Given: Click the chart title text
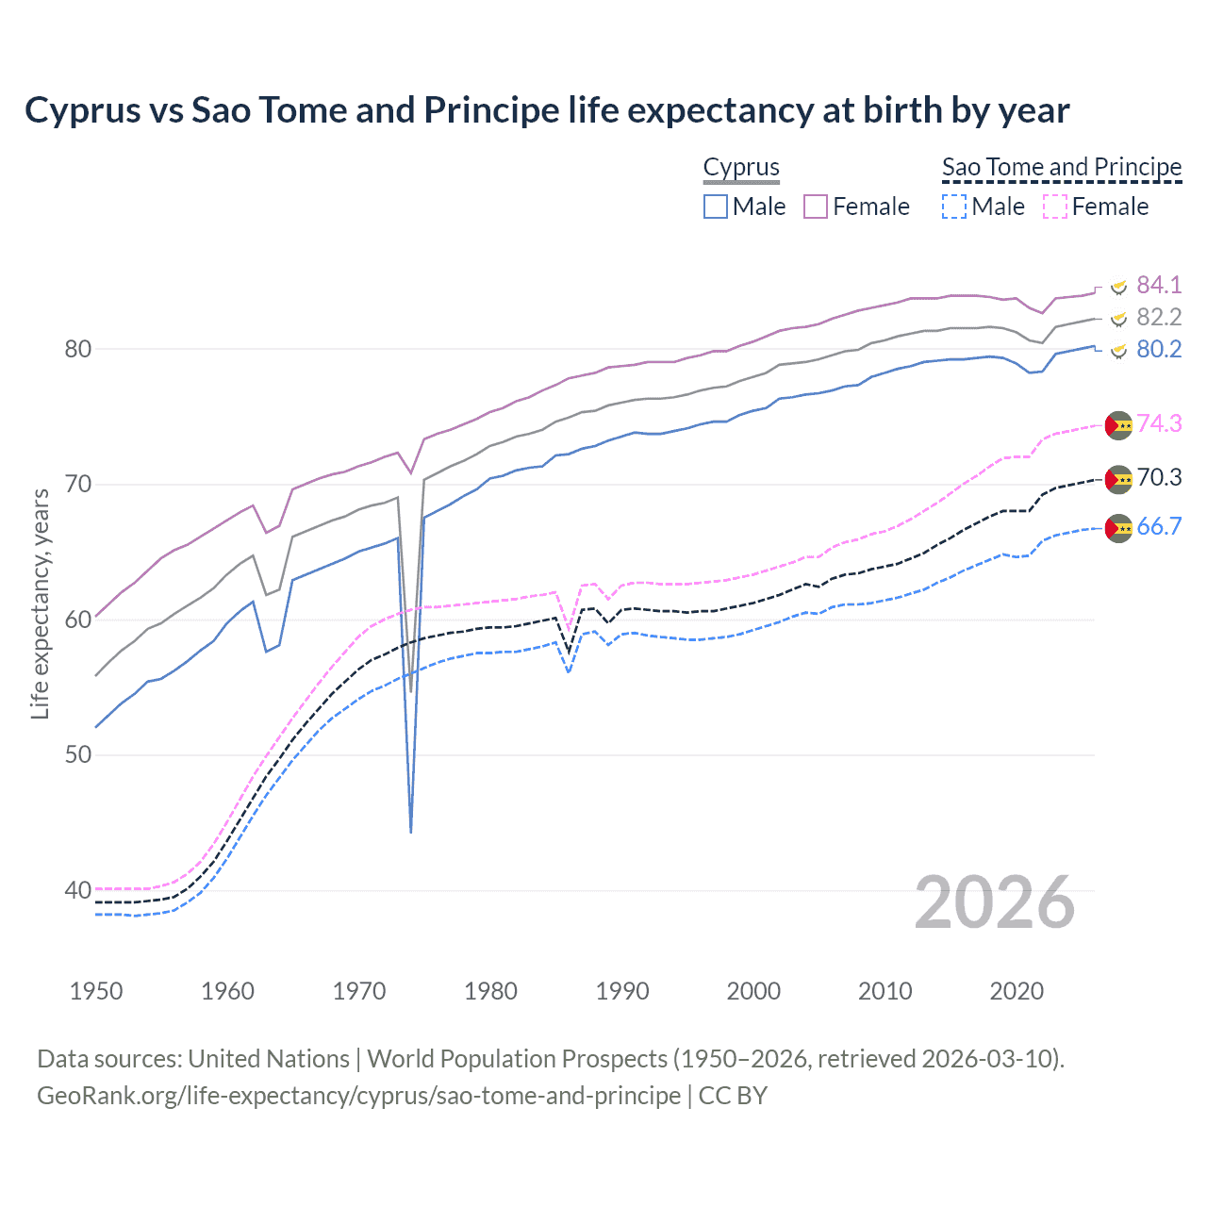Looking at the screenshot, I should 547,110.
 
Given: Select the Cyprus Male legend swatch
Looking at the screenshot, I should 716,207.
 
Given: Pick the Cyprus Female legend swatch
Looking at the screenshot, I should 816,207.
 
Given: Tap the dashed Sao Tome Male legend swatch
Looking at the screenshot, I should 954,207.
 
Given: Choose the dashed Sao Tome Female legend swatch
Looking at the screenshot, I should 1055,207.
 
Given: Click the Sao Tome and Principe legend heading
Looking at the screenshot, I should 1062,168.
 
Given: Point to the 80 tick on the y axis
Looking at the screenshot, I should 77,349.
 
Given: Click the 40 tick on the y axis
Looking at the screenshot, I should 77,890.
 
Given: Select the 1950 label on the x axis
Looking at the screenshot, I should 96,991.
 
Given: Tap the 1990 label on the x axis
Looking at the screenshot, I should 622,991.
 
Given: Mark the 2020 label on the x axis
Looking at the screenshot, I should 1017,991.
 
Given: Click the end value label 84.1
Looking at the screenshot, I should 1159,285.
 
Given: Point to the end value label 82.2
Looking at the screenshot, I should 1159,317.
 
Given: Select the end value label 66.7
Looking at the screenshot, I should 1159,527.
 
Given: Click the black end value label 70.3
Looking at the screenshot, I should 1159,478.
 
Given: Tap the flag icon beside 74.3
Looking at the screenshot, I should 1118,425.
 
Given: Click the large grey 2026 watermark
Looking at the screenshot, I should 995,902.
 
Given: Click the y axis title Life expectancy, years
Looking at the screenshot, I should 40,603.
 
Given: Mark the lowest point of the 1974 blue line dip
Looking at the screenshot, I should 411,832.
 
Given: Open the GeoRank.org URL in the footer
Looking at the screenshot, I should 358,1096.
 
